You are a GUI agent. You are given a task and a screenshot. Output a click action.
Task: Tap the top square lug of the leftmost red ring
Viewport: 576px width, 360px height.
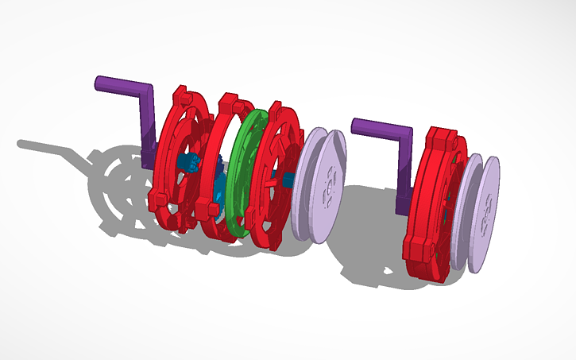(182, 99)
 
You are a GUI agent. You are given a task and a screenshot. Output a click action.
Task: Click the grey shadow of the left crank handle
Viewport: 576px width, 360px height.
(48, 149)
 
